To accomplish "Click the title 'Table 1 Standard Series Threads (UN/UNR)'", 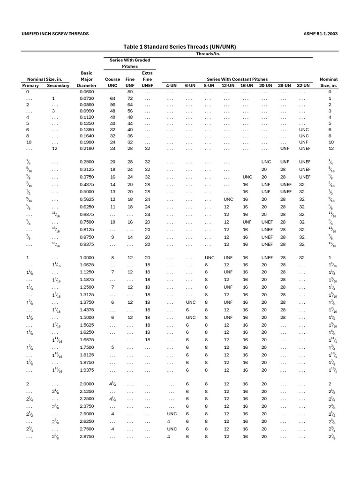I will [x=180, y=47].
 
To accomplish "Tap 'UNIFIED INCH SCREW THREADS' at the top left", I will [x=55, y=34].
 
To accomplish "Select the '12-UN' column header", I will [x=228, y=86].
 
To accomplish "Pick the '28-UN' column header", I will [x=285, y=86].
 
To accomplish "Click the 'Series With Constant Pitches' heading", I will [x=237, y=79].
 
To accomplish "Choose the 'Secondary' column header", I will [x=58, y=86].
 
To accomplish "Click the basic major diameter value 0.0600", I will [x=87, y=92].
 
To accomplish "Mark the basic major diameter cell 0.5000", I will [x=87, y=192].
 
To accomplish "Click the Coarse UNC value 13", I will [x=112, y=192].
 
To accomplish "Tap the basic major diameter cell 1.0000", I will [x=87, y=258].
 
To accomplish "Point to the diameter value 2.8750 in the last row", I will [x=87, y=436].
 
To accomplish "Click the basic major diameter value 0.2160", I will [x=87, y=148].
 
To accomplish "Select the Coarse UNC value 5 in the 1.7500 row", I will [x=112, y=347].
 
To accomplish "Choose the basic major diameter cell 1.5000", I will [x=87, y=317].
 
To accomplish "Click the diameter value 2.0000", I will [x=87, y=384].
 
